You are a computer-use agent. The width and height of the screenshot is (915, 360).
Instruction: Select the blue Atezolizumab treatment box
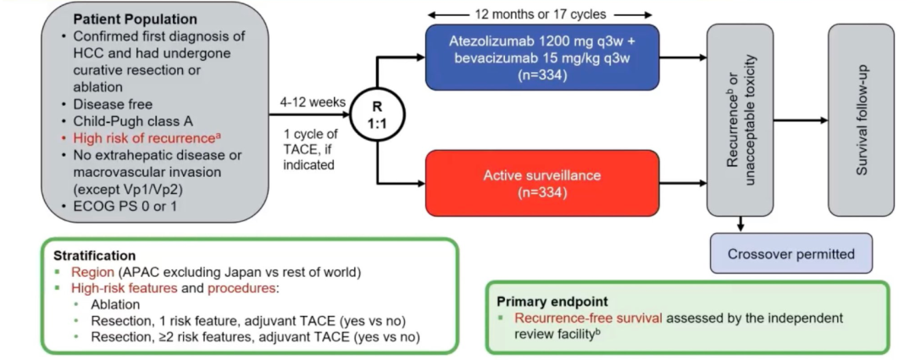point(541,57)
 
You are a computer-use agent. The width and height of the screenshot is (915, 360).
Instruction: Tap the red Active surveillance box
point(541,183)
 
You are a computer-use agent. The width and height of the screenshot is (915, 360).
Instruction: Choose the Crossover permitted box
point(790,254)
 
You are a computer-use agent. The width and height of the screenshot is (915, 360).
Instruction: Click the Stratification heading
point(94,255)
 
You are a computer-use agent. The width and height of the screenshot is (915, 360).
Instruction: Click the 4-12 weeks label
point(313,102)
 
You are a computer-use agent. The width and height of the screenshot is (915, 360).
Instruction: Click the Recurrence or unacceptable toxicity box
point(740,119)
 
